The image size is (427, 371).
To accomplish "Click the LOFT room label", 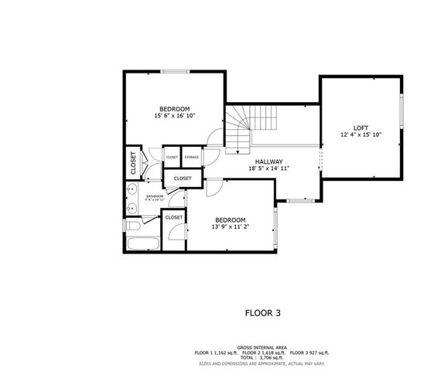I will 360,128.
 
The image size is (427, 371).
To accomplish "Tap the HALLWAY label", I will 269,162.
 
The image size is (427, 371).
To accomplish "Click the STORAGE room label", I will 192,157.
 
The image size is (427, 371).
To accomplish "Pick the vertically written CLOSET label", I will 133,162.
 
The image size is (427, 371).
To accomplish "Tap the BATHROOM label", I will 155,196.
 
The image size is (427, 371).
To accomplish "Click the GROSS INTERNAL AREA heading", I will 258,348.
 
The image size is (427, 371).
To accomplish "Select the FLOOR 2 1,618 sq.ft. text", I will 261,352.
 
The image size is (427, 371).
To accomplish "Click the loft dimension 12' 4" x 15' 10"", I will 360,134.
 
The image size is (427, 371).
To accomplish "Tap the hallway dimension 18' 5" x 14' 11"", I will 269,168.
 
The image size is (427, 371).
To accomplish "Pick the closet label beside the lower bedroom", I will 174,217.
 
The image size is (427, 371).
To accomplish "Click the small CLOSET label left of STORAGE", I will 172,157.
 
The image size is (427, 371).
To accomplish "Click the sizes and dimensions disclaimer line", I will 258,362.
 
